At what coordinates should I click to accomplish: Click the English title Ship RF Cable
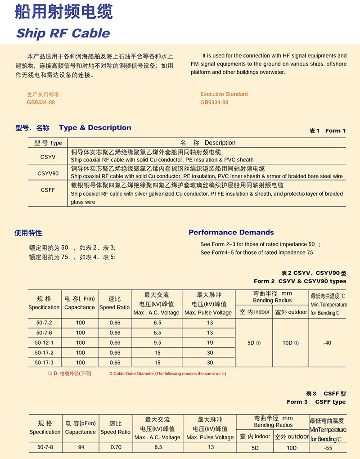click(x=63, y=33)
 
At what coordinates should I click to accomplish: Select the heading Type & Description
click(x=95, y=128)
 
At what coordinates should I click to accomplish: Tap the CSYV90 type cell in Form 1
click(x=48, y=173)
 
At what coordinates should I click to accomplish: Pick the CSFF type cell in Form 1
click(x=48, y=190)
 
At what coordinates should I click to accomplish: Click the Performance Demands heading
click(x=231, y=233)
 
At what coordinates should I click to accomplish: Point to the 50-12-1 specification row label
click(x=44, y=343)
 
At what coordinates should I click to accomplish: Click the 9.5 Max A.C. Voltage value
click(x=157, y=343)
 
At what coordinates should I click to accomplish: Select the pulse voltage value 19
click(x=210, y=343)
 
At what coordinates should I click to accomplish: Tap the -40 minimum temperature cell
click(x=327, y=343)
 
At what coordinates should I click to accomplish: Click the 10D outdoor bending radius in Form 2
click(x=291, y=343)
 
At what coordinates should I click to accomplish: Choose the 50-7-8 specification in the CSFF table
click(x=45, y=447)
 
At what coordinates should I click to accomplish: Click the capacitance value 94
click(x=81, y=447)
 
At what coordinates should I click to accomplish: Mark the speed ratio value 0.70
click(x=116, y=447)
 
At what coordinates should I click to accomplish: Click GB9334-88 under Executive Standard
click(x=214, y=102)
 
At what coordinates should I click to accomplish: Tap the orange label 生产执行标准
click(x=43, y=94)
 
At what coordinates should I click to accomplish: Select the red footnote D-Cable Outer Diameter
click(x=167, y=373)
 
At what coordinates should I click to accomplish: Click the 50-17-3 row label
click(x=44, y=363)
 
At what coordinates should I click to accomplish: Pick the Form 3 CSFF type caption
click(x=316, y=402)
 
